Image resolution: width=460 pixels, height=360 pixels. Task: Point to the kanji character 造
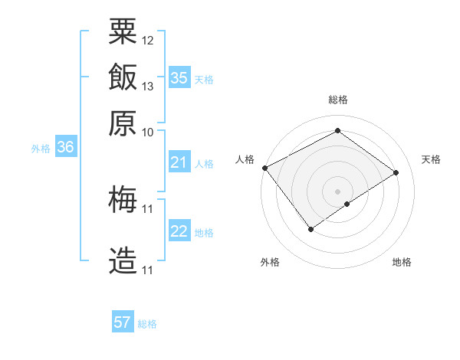click(123, 261)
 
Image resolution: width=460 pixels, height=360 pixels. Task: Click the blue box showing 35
click(179, 78)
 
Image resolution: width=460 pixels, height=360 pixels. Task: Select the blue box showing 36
click(65, 148)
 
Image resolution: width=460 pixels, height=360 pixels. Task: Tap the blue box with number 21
click(179, 162)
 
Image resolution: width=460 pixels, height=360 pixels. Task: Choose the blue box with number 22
click(179, 231)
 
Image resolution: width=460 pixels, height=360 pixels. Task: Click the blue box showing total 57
click(123, 322)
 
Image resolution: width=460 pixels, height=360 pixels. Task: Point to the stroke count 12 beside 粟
click(148, 40)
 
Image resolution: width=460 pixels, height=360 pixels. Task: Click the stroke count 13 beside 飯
click(148, 86)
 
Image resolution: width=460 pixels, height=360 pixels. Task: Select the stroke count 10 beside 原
click(148, 132)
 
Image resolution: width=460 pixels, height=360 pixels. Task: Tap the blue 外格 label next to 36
click(41, 149)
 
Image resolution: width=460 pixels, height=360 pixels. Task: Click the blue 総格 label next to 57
click(148, 324)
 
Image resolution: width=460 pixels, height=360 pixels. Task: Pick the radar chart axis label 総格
click(337, 100)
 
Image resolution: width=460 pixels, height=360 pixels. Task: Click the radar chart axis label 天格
click(431, 159)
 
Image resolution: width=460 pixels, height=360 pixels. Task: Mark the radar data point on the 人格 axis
click(264, 168)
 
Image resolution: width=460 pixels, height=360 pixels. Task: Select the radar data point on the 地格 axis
click(347, 204)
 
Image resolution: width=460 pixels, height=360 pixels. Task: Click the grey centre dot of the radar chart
click(337, 191)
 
